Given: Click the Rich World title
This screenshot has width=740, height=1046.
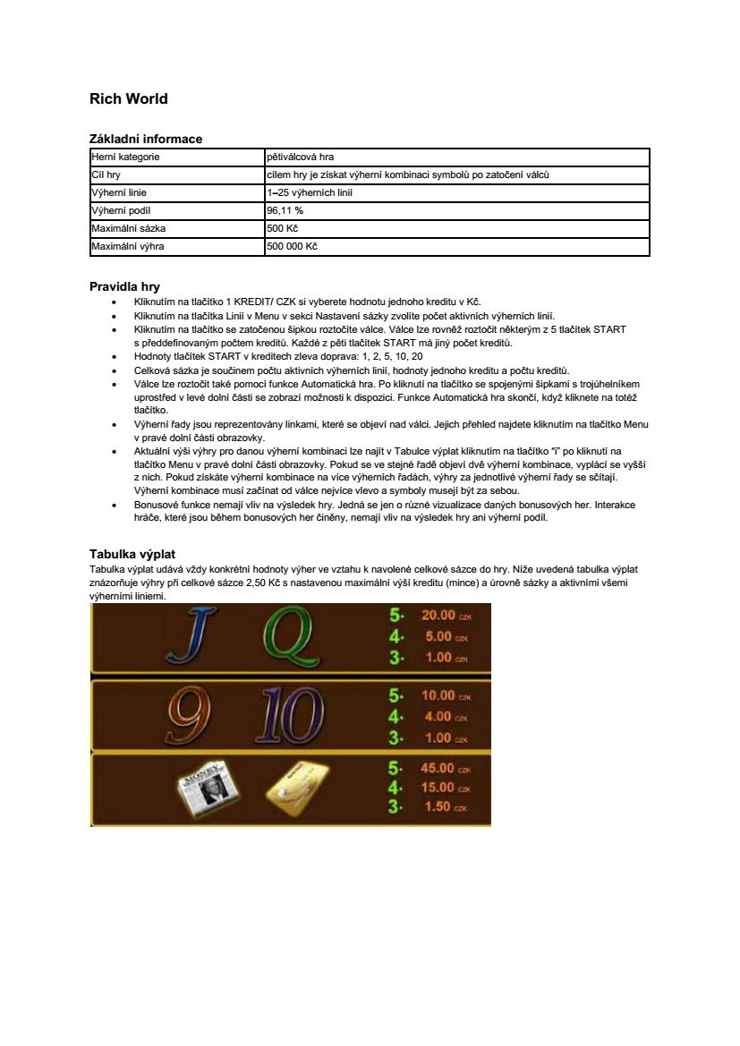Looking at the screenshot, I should coord(129,98).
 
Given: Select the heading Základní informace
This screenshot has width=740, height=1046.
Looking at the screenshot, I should coord(146,139).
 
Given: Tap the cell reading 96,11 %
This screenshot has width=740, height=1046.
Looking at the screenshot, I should coord(285,210).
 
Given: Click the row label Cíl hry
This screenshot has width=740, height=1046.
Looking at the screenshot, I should coord(106,174).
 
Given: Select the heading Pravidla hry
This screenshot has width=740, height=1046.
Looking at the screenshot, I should coord(124,287).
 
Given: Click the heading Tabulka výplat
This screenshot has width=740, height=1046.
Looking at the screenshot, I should coord(132,554).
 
